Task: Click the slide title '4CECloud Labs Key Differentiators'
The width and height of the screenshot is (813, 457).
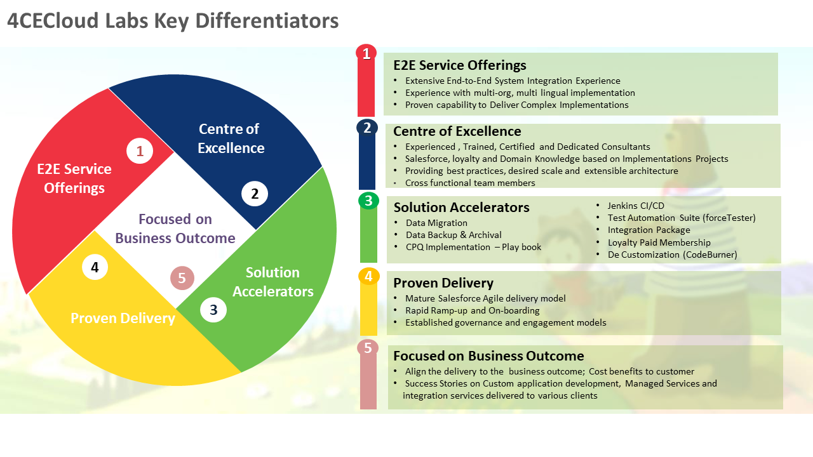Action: point(173,20)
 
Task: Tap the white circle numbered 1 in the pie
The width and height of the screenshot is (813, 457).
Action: point(140,151)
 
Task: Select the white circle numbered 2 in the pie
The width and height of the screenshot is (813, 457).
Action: point(255,194)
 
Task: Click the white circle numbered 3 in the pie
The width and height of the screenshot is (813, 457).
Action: point(213,309)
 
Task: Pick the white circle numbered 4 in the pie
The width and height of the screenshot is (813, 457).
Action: point(95,267)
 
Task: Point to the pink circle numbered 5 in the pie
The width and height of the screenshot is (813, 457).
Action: point(182,277)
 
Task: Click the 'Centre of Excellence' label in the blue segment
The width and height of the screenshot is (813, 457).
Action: point(230,138)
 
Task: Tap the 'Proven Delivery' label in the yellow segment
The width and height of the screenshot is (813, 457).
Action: point(123,318)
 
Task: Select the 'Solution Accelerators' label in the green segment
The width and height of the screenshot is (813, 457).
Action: point(273,282)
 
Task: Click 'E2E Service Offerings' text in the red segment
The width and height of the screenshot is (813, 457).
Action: point(74,178)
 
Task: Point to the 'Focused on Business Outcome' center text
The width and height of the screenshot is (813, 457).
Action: point(175,228)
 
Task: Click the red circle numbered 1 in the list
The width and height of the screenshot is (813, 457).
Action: point(366,53)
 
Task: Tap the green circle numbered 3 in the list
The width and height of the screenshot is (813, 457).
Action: point(368,201)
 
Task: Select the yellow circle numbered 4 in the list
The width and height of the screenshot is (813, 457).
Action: point(368,277)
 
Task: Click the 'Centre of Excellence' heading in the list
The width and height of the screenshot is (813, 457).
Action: point(457,131)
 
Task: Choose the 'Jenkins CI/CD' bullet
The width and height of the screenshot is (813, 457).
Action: point(636,206)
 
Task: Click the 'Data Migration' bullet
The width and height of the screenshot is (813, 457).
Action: point(436,223)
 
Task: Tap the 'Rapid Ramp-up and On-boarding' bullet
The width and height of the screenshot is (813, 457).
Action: point(473,310)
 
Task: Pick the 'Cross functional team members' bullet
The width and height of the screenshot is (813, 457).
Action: point(470,183)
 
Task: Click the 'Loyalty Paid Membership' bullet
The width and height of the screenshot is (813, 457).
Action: point(659,242)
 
